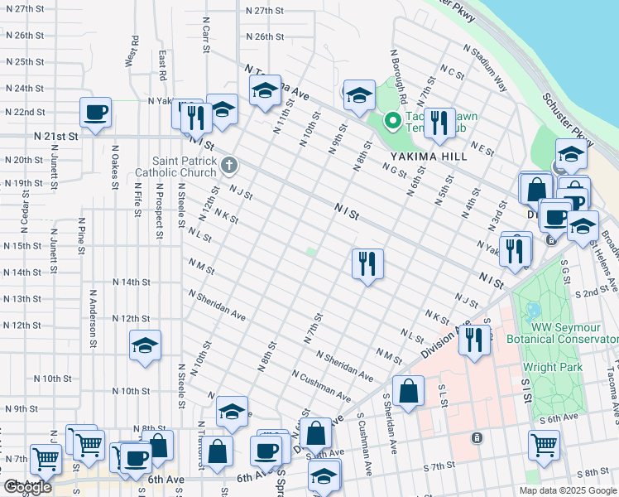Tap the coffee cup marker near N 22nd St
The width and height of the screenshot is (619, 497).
point(95,113)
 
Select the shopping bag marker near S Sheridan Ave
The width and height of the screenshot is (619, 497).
point(408,392)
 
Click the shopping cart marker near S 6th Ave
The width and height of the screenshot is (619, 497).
point(544,446)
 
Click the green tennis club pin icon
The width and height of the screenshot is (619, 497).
point(391,123)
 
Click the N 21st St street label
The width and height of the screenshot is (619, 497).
point(56,135)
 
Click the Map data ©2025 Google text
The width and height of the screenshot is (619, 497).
point(567,490)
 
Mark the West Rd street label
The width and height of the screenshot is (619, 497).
point(131,51)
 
